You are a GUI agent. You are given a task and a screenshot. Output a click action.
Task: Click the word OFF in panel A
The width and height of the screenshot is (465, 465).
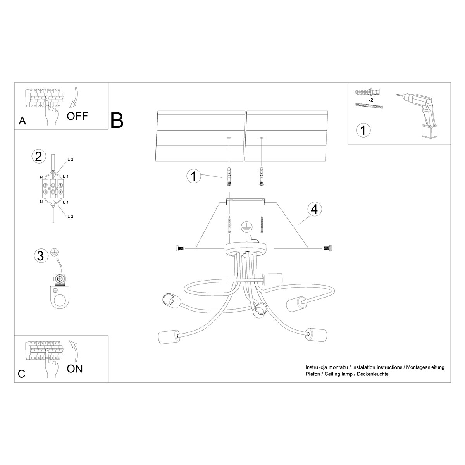point(77,115)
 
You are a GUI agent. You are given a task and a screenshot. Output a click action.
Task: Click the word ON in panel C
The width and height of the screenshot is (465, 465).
point(75,368)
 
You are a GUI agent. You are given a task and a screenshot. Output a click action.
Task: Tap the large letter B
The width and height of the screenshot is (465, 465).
point(117,120)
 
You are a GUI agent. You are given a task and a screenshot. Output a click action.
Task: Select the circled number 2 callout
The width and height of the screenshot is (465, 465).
point(38,157)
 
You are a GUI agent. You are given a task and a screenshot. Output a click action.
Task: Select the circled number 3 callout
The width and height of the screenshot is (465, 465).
point(40,255)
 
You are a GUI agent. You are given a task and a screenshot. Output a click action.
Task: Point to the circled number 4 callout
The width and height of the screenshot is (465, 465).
point(315,209)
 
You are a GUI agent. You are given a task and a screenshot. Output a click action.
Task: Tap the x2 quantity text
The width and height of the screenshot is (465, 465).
point(370,100)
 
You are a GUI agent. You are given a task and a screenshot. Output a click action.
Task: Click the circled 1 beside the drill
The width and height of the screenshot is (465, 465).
point(363,130)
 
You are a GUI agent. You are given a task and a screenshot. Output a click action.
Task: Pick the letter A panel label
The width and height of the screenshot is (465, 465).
point(22,121)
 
